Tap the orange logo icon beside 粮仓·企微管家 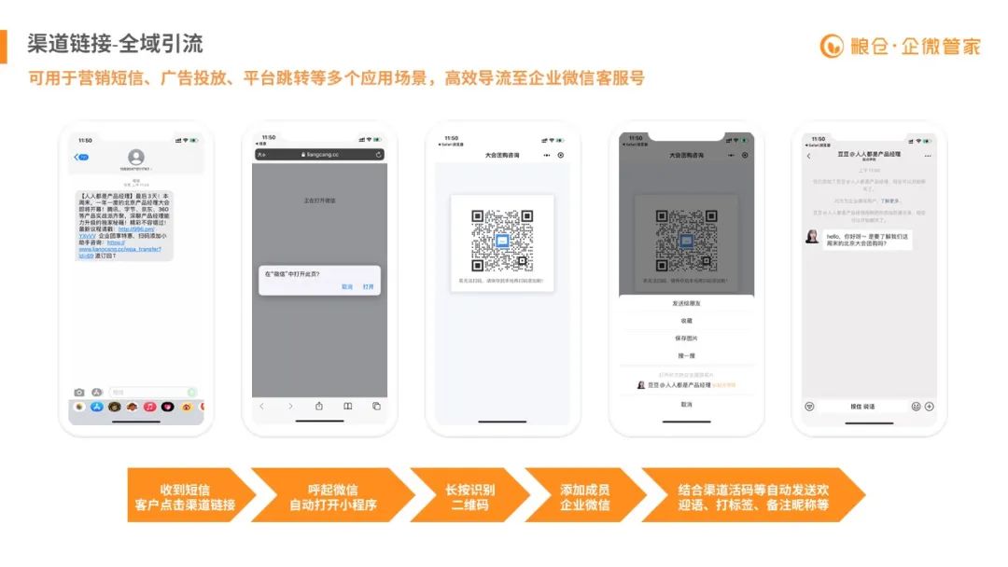tap(832, 46)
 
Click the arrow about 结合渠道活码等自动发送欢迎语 tap(752, 497)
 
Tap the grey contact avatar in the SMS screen tap(136, 157)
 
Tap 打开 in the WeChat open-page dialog tap(368, 286)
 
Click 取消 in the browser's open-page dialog tap(347, 286)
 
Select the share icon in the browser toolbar tap(319, 407)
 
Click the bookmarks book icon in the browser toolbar tap(347, 407)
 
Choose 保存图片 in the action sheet tap(686, 338)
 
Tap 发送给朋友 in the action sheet tap(686, 304)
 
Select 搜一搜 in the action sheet tap(686, 355)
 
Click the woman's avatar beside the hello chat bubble tap(813, 237)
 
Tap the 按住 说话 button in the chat tap(862, 407)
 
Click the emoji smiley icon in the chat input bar tap(916, 407)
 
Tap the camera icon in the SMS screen tap(79, 393)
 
